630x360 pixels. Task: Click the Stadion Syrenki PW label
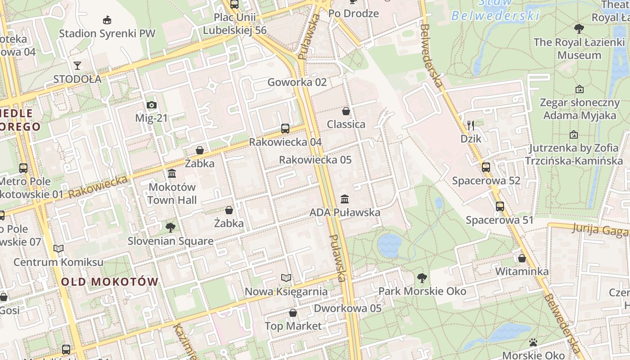tap(107, 33)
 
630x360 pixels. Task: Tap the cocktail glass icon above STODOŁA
tap(77, 66)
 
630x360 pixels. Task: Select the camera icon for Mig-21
tap(152, 105)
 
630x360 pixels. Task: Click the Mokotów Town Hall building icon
tap(172, 174)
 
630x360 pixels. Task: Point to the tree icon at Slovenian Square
tap(170, 228)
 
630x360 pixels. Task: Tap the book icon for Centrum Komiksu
tap(58, 248)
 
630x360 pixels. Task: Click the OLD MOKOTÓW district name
tap(110, 282)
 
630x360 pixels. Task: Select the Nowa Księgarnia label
tap(286, 292)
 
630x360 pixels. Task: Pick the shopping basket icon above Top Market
tap(293, 313)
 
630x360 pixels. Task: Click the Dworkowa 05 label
tap(347, 308)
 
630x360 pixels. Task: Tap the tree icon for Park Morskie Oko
tap(422, 278)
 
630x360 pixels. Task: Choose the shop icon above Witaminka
tap(522, 258)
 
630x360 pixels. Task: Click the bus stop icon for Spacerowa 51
tap(499, 207)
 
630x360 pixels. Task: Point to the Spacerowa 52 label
tap(486, 181)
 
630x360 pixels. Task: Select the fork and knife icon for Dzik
tap(471, 125)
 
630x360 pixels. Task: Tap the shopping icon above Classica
tap(346, 111)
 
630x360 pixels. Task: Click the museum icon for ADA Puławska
tap(345, 199)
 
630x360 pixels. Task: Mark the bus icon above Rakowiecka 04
tap(285, 129)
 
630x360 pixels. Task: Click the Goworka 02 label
tap(297, 82)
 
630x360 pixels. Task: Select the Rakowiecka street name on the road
tap(98, 187)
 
